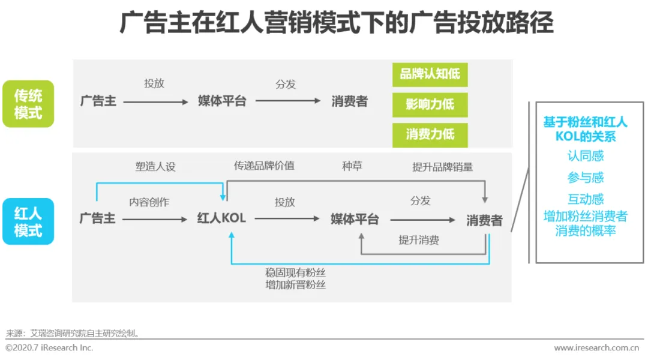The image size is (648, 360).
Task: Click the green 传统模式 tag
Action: click(28, 104)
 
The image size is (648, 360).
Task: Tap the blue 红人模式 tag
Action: click(28, 221)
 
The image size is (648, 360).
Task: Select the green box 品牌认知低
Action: click(430, 74)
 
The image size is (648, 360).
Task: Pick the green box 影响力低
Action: click(430, 104)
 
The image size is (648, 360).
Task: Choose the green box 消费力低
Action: click(430, 134)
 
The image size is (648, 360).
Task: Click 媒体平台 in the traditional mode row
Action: click(222, 101)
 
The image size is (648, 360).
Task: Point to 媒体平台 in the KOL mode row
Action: click(355, 220)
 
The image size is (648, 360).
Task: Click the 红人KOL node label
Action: click(221, 219)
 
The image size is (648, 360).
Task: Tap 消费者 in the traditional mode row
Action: click(349, 101)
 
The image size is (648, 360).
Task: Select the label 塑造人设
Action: click(155, 167)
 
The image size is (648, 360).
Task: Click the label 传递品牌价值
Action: click(264, 166)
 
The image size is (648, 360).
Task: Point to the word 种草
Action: click(352, 166)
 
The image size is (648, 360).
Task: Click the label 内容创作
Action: click(149, 202)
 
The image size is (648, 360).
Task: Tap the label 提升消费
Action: click(419, 240)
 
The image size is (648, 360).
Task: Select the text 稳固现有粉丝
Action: click(295, 272)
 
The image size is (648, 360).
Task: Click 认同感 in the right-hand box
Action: click(586, 156)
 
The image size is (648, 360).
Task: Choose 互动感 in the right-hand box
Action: click(586, 199)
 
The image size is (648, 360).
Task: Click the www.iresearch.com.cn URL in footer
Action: click(596, 348)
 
